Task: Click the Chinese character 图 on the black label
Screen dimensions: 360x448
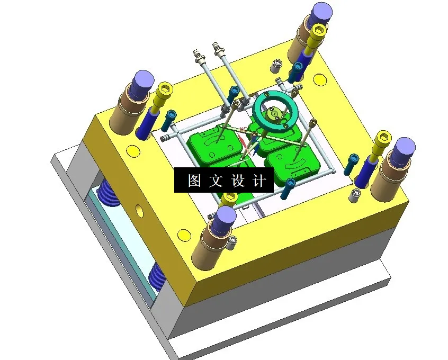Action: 194,181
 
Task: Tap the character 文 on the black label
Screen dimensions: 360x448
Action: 214,181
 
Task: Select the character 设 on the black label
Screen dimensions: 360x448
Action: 237,181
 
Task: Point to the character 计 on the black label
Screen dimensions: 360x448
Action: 259,181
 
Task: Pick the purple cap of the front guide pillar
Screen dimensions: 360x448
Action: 226,216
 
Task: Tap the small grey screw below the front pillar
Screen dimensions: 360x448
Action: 233,243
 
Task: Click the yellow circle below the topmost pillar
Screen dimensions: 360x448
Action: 319,80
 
